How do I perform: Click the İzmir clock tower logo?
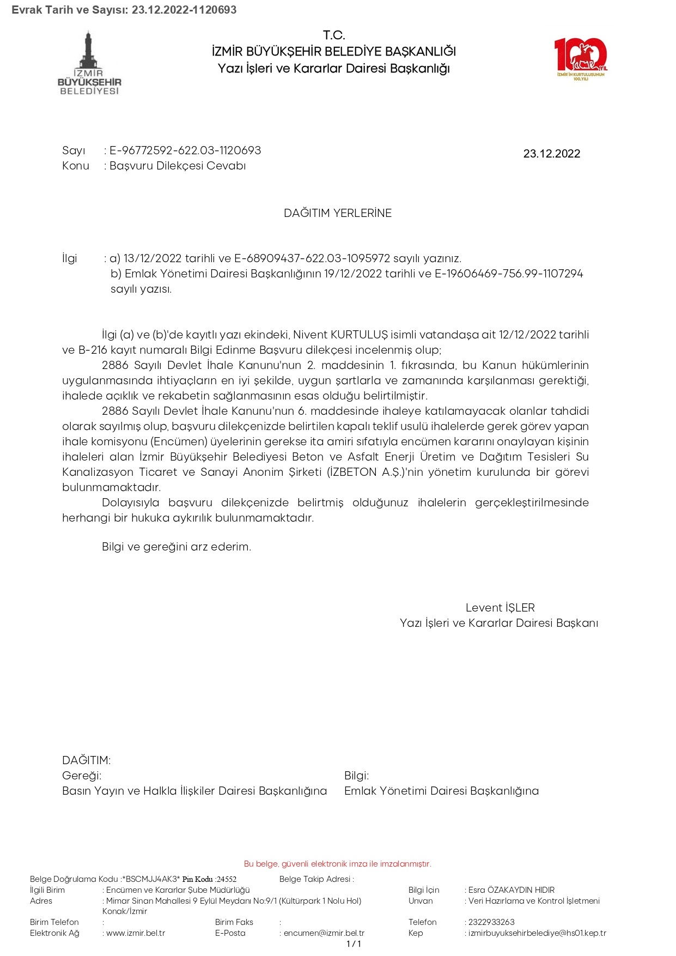click(89, 63)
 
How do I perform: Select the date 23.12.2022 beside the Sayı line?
click(551, 154)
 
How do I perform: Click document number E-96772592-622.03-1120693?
click(185, 150)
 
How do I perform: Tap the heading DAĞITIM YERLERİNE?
click(338, 213)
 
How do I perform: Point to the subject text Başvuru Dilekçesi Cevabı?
click(178, 166)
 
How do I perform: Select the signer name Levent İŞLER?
click(500, 608)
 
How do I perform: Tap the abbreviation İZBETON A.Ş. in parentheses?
click(365, 472)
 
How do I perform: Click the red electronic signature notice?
click(338, 864)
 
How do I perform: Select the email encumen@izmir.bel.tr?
click(324, 933)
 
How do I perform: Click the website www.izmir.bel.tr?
click(136, 933)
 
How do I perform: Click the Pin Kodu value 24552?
click(227, 879)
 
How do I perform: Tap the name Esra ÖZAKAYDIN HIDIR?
click(511, 890)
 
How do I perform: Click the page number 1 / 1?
click(354, 944)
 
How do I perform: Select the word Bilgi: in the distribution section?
click(356, 776)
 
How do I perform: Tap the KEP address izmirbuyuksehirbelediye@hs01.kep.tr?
click(537, 933)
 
